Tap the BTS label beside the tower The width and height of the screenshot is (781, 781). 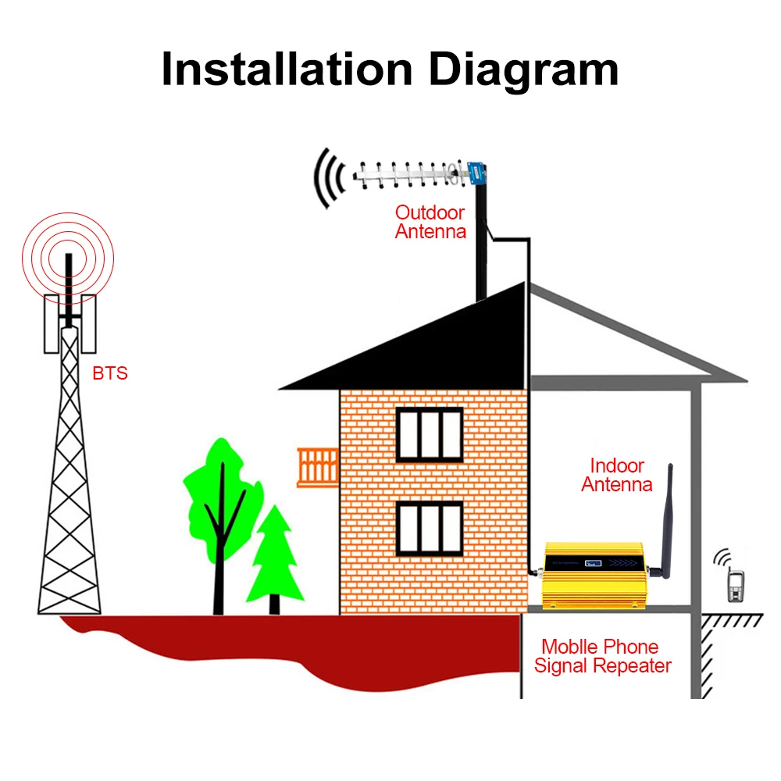(109, 373)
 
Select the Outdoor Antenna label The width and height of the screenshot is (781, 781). (430, 222)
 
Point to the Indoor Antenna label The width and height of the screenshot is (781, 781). (617, 475)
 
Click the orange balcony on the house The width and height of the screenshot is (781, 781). (317, 467)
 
